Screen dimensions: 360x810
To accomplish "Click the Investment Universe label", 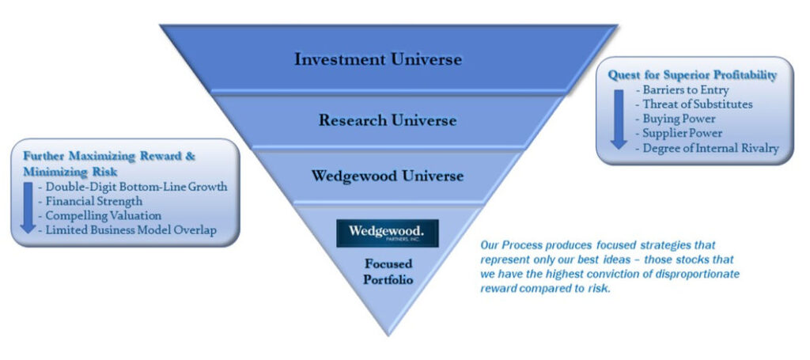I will [x=378, y=59].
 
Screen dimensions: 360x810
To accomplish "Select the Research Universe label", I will [x=388, y=120].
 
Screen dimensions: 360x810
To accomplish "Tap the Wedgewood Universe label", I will [x=387, y=175].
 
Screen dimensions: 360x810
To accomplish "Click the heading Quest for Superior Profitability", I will [x=692, y=75].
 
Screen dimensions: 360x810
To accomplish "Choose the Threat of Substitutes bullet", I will [x=697, y=104].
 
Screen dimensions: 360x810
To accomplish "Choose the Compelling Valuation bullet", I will [x=103, y=215].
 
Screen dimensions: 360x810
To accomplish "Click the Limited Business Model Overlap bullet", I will [x=131, y=230].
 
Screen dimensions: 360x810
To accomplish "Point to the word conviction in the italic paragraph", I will [x=604, y=273].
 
